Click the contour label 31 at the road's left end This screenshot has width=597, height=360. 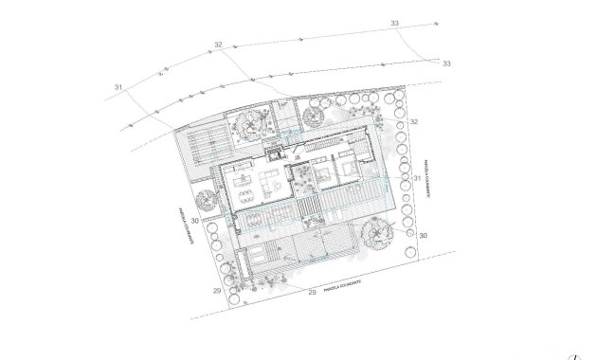pyautogui.click(x=119, y=87)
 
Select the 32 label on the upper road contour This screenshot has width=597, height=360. pyautogui.click(x=218, y=45)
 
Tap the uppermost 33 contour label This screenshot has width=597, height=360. pyautogui.click(x=395, y=23)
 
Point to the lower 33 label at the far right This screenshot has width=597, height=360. pyautogui.click(x=446, y=63)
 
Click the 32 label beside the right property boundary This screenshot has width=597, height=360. pyautogui.click(x=413, y=122)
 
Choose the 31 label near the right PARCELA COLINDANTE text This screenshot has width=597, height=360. pyautogui.click(x=417, y=177)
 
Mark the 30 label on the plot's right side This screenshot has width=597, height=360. pyautogui.click(x=424, y=234)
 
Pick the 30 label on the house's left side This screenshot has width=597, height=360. pyautogui.click(x=194, y=221)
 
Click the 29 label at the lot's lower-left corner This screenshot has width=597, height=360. pyautogui.click(x=217, y=291)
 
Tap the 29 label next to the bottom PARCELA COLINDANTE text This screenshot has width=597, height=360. pyautogui.click(x=312, y=295)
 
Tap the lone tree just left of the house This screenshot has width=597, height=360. pyautogui.click(x=205, y=199)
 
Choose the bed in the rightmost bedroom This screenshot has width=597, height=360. pyautogui.click(x=348, y=170)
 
